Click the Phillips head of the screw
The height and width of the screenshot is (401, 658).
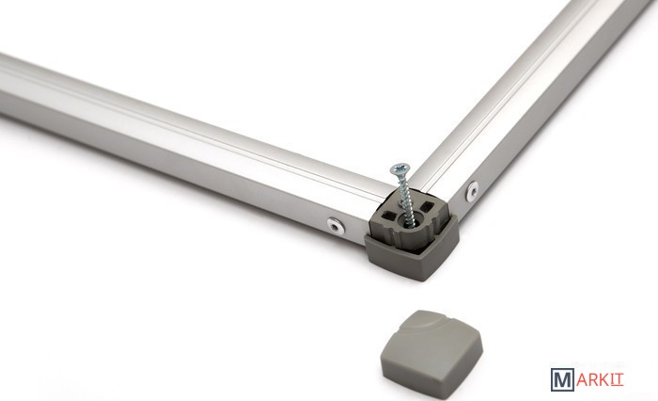(x=399, y=169)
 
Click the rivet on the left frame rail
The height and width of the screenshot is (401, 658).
(x=336, y=226)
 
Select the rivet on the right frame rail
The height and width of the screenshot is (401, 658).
(x=472, y=191)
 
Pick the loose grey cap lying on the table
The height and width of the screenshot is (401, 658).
(x=431, y=354)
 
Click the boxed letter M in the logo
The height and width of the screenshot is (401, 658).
(x=562, y=379)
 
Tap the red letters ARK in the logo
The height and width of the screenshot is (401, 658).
(x=592, y=379)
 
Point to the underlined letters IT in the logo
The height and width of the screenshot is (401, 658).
(x=617, y=379)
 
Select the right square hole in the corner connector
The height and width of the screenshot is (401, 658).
(x=426, y=206)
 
